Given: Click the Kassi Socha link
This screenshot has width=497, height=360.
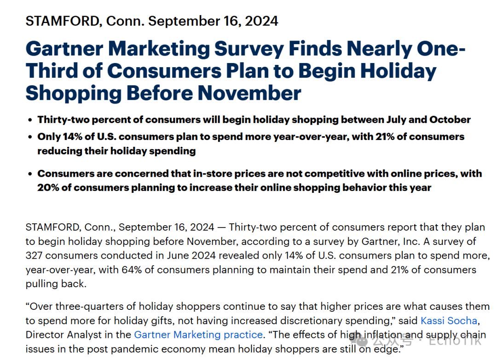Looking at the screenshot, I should (449, 320).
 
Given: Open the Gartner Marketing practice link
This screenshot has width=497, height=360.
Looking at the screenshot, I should (198, 334).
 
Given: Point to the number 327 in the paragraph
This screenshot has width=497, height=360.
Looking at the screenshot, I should (35, 255).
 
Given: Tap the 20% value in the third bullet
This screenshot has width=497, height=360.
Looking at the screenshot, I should (49, 187).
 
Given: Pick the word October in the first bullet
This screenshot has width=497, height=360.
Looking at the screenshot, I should (450, 120).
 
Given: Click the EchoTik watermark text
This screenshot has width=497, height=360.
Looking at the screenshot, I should (456, 341).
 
